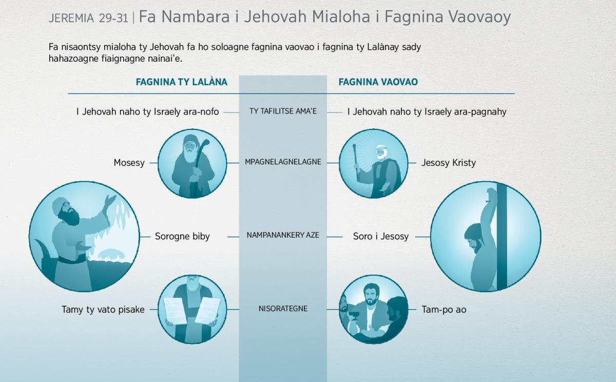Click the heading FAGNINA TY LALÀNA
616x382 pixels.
point(182,82)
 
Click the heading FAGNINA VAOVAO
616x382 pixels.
point(378,82)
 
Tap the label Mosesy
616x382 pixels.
point(129,163)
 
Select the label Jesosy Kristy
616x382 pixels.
point(449,163)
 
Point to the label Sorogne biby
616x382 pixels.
point(182,236)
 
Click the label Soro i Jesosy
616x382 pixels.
point(381,236)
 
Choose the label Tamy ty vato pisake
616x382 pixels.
point(103,310)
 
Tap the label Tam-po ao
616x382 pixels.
point(444,310)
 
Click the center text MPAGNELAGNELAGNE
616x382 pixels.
point(283,162)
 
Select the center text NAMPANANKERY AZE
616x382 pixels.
point(283,235)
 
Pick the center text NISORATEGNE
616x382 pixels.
point(283,309)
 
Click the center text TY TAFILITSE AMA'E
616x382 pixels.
point(283,111)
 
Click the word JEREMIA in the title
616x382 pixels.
point(71,18)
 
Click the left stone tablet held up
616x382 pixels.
point(176,311)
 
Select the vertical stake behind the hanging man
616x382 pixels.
point(502,237)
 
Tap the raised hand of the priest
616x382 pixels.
point(110,200)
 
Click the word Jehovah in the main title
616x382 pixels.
point(275,16)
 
